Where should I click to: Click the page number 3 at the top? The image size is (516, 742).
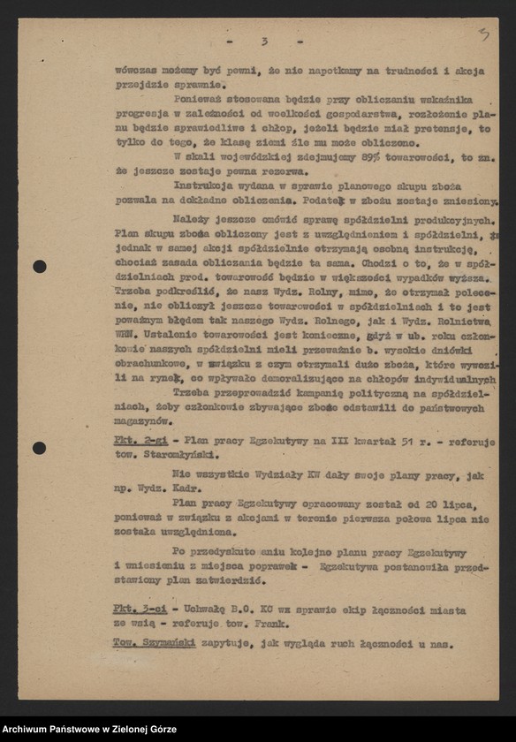coord(263,42)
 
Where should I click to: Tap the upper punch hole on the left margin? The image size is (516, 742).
coord(40,266)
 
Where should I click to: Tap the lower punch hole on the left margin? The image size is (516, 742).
coord(40,448)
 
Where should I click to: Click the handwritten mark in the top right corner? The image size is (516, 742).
coord(484,34)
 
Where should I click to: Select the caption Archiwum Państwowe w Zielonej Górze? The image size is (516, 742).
coord(88,730)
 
